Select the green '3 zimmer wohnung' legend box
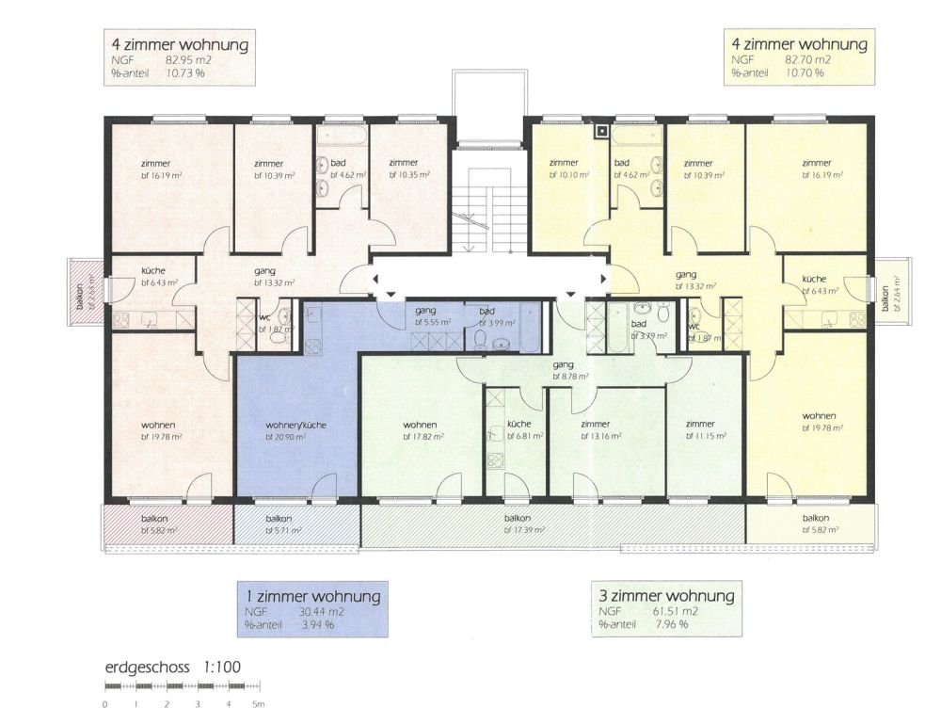click(x=665, y=608)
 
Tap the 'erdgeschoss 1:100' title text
click(x=174, y=668)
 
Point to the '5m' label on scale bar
click(x=258, y=704)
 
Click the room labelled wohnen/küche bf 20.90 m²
click(x=296, y=431)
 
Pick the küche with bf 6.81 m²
click(x=518, y=430)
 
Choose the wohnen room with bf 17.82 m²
click(x=419, y=430)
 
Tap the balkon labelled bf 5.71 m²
click(x=283, y=524)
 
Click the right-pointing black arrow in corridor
click(x=603, y=279)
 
